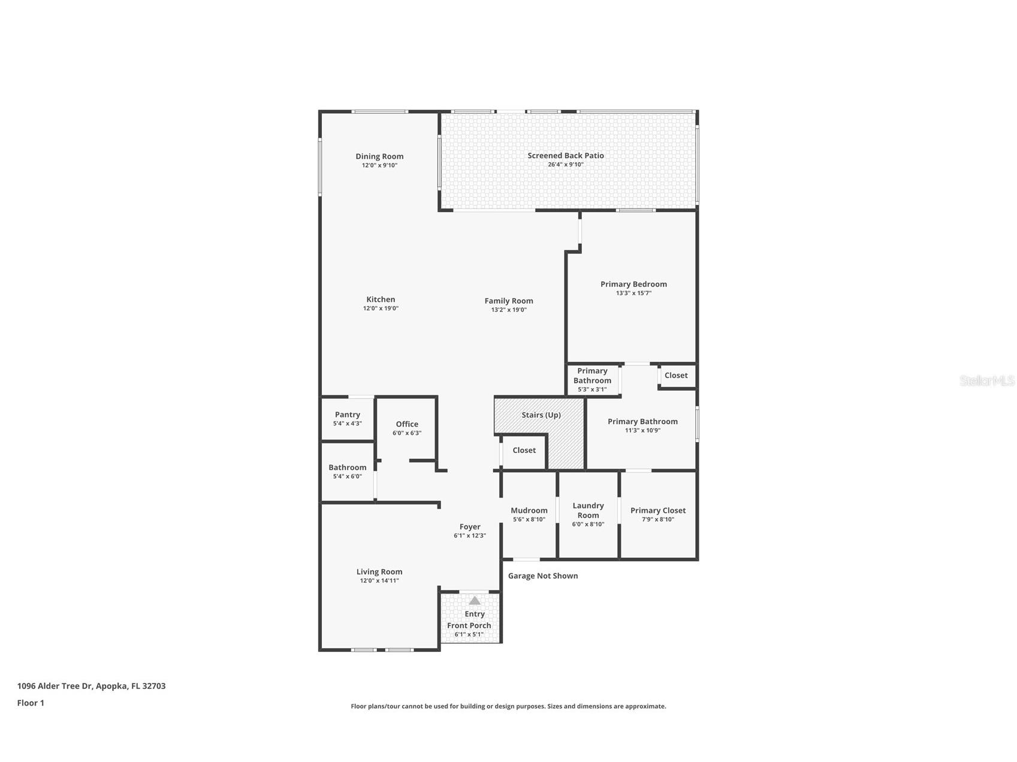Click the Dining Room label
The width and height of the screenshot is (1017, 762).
click(379, 156)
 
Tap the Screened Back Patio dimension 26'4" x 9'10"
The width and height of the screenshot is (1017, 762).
click(565, 165)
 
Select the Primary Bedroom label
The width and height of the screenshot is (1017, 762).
click(633, 284)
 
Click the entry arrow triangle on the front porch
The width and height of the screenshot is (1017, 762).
click(475, 600)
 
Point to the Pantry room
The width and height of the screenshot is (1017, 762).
click(348, 418)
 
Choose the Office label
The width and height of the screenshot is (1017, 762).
click(407, 424)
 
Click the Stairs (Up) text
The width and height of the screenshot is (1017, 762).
click(541, 415)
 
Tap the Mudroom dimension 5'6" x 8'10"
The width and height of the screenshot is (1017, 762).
click(529, 519)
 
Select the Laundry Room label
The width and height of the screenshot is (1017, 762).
click(588, 510)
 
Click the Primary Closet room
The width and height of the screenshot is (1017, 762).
click(657, 515)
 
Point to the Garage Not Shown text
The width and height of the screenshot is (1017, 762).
click(543, 576)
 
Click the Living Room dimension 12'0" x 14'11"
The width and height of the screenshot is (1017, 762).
click(379, 580)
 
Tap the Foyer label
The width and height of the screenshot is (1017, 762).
click(470, 527)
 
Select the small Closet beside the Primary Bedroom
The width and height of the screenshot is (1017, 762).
click(676, 376)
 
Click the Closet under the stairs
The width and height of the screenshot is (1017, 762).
click(524, 450)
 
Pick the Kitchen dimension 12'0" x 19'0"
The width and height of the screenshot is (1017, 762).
click(381, 309)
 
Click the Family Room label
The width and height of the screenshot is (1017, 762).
click(509, 301)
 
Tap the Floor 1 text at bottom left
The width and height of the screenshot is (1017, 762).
click(31, 703)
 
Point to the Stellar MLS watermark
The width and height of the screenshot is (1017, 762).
click(986, 380)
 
